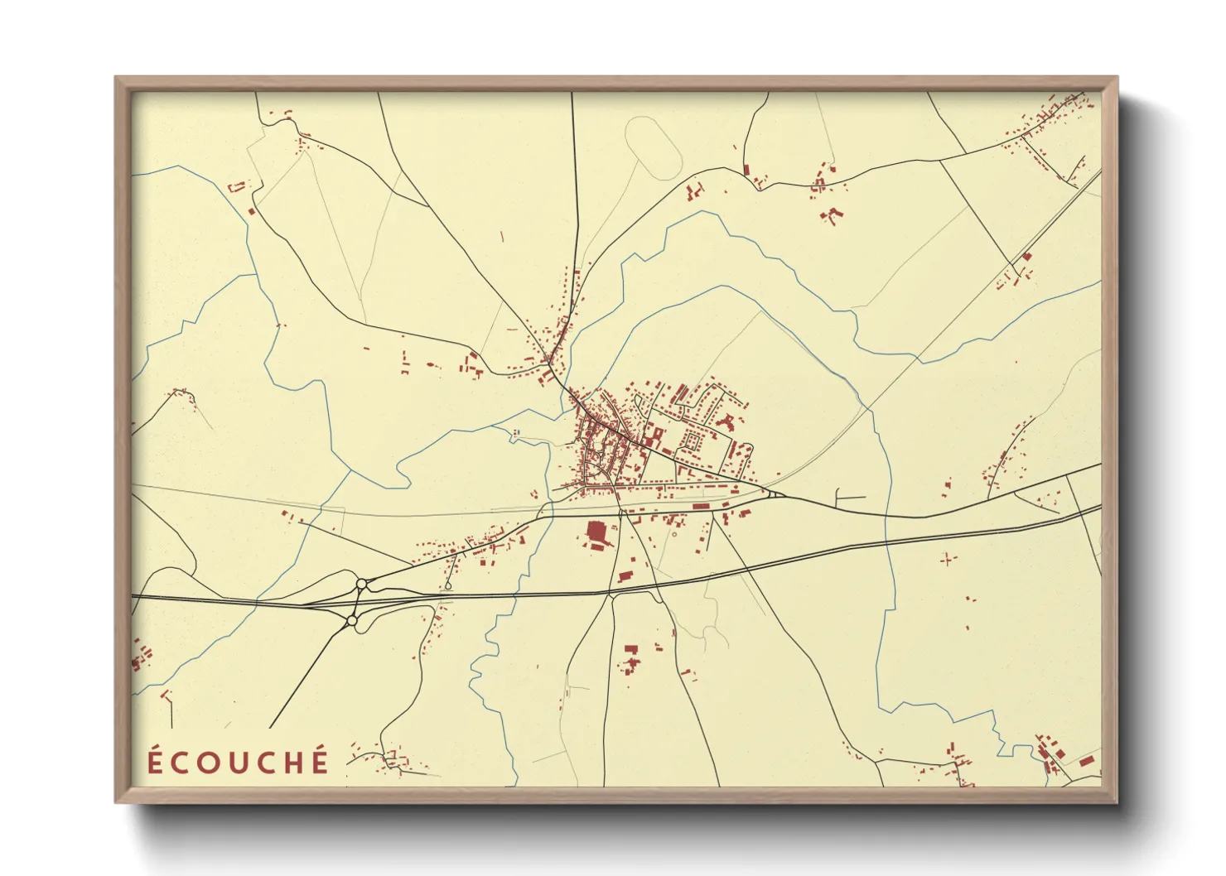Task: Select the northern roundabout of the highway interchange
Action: pos(361,585)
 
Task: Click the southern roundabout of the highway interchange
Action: pos(352,620)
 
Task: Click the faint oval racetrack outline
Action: pos(653,147)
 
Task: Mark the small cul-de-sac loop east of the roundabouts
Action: pos(448,586)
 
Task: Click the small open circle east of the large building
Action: pos(674,534)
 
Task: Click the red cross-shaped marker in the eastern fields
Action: pos(948,560)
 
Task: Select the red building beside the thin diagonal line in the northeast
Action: pos(1026,258)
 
